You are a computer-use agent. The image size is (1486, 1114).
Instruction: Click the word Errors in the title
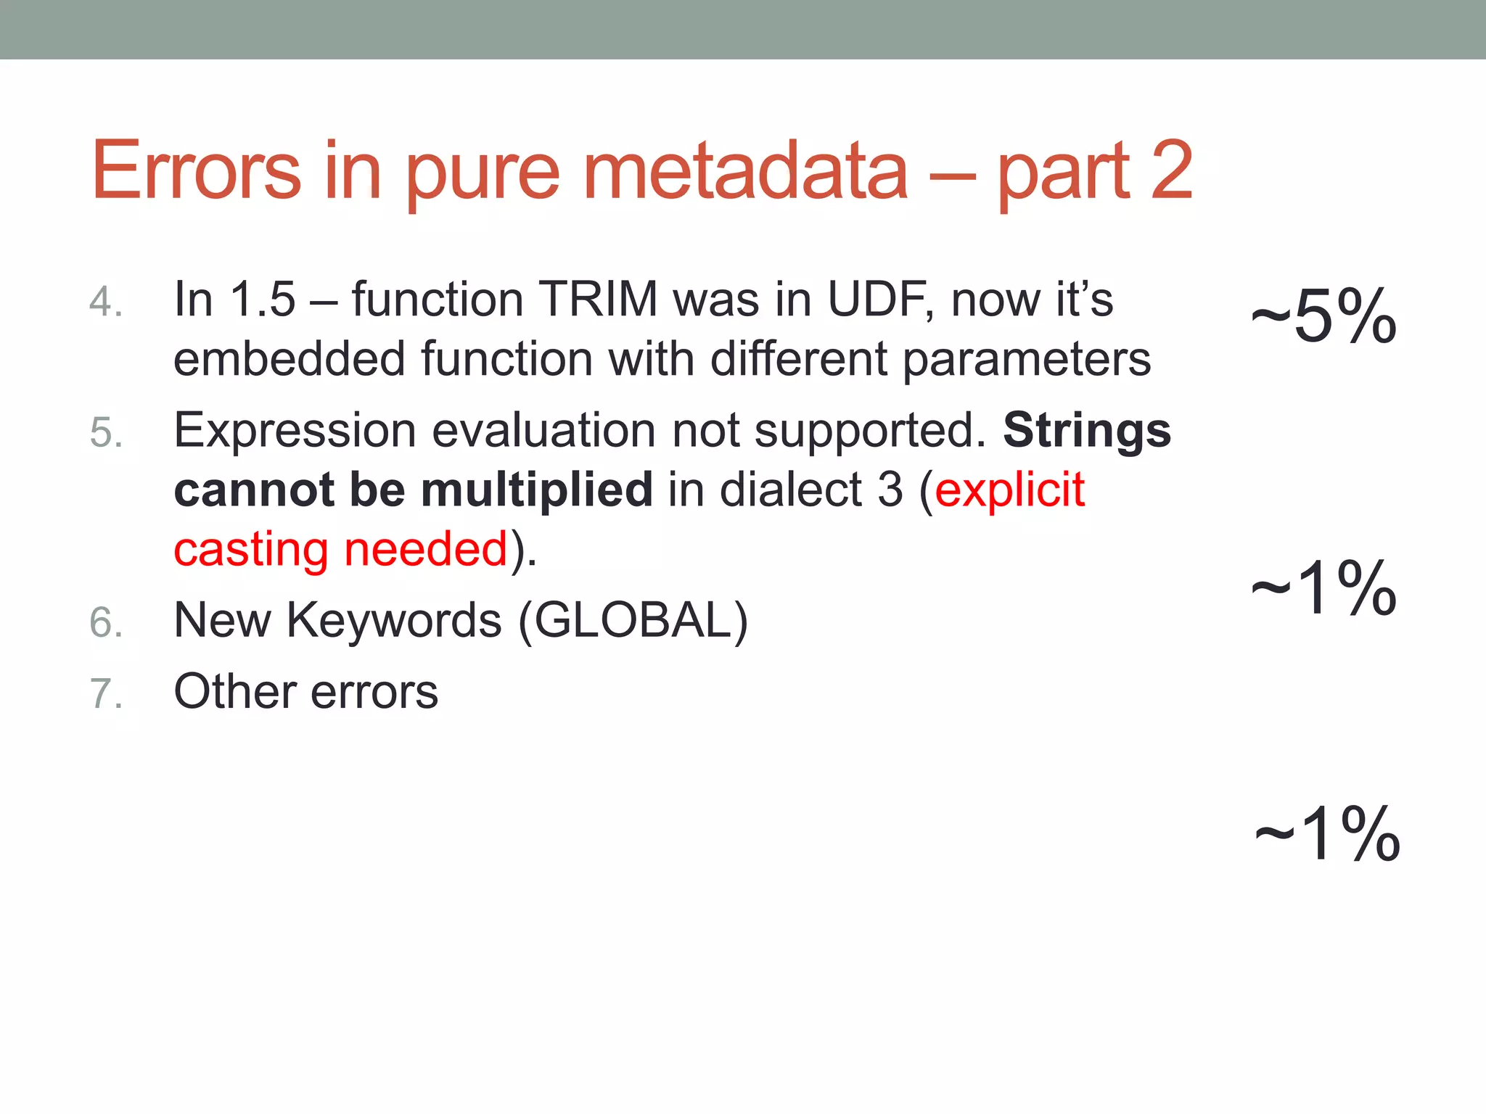coord(196,170)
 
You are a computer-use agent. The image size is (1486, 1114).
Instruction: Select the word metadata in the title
coord(745,170)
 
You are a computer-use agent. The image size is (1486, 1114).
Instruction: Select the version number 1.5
coord(263,299)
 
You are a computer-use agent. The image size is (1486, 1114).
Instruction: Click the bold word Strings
coord(1086,431)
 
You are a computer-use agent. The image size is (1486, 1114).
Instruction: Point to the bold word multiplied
coord(537,490)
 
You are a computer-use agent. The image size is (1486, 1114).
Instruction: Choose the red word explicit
coord(1009,490)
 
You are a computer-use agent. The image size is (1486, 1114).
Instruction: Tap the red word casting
coord(251,550)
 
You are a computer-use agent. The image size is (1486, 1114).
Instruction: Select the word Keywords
coord(394,620)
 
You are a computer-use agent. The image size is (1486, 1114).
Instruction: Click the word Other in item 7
coord(234,691)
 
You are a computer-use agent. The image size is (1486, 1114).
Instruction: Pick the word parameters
coord(1027,360)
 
